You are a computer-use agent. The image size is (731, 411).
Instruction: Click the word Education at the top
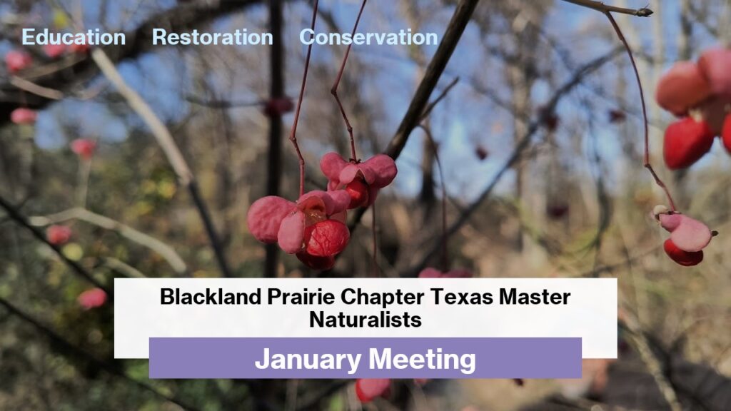(74, 37)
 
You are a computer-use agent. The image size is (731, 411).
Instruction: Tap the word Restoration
(213, 37)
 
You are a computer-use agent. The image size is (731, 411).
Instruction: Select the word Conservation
(368, 37)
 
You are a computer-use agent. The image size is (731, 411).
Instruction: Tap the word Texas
(462, 297)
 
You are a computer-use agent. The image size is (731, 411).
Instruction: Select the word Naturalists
(365, 320)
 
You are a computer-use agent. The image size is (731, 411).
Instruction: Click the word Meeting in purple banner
(422, 360)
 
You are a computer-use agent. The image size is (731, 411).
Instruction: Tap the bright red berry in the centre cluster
(326, 238)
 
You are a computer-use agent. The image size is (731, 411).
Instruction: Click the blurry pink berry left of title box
(92, 298)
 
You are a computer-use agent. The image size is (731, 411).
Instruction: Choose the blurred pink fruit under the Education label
(18, 61)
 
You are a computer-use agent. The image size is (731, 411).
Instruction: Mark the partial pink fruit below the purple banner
(373, 389)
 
